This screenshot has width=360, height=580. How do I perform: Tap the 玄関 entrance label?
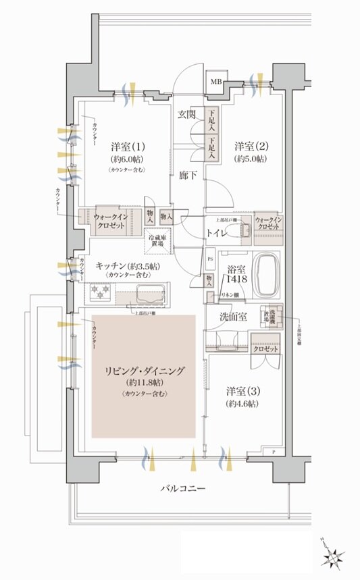pos(187,114)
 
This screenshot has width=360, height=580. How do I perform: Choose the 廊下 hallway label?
pos(188,173)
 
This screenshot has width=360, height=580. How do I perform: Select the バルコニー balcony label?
pos(183,487)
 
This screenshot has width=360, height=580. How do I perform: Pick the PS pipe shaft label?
pos(210,258)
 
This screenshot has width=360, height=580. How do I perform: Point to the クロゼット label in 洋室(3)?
pos(264,349)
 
